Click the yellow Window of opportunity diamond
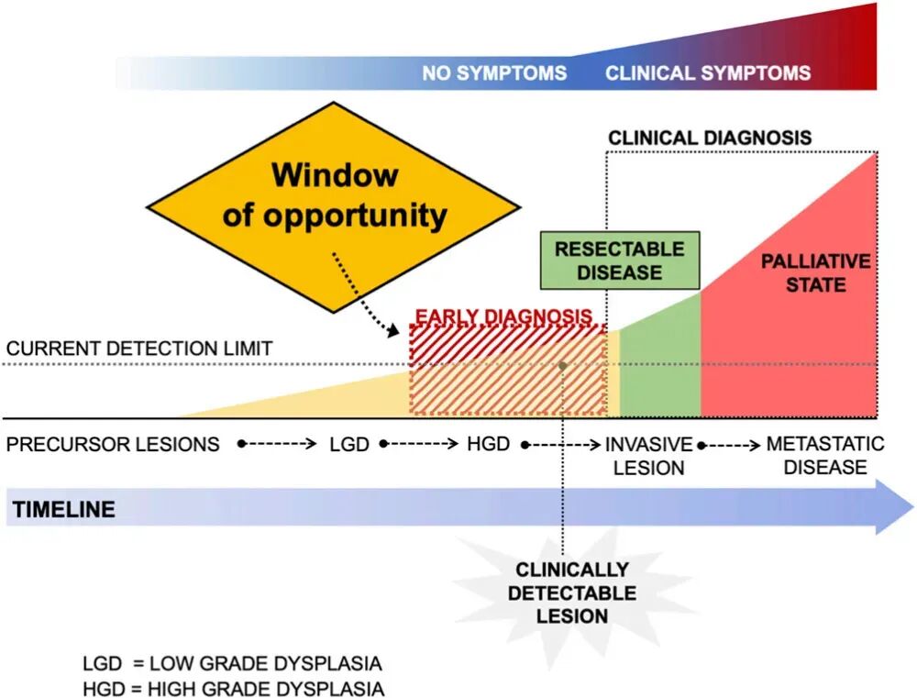point(334,207)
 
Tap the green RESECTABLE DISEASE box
point(620,260)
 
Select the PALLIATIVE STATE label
point(816,272)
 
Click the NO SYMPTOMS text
point(494,73)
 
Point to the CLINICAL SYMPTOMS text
point(708,73)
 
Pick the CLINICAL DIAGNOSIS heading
point(710,138)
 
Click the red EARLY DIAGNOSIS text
point(503,316)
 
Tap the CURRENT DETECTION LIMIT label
point(139,349)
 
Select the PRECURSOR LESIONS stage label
point(113,444)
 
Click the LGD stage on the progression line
point(349,444)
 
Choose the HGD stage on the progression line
point(489,444)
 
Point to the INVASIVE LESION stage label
point(648,456)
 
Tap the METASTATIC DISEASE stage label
point(825,455)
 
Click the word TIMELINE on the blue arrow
point(64,509)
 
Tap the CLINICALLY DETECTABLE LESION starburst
point(572,593)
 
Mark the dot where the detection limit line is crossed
point(563,366)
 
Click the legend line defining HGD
point(234,689)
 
